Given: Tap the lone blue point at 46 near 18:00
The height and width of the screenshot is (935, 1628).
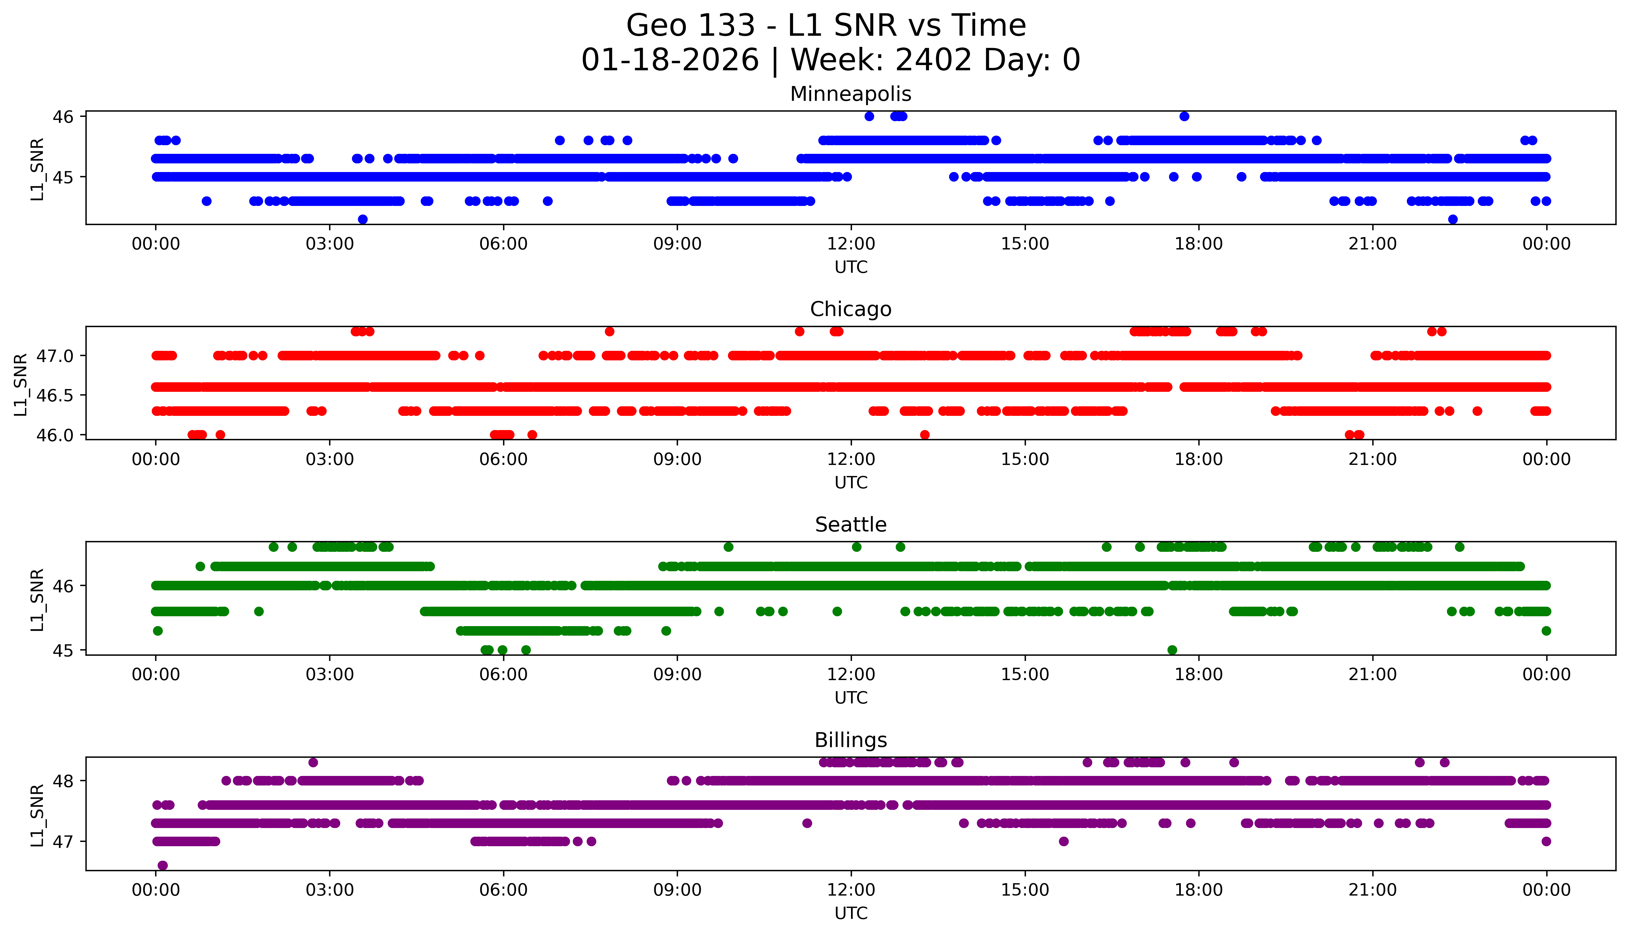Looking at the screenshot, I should tap(1184, 116).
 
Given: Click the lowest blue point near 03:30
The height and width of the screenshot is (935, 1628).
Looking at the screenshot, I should tap(362, 219).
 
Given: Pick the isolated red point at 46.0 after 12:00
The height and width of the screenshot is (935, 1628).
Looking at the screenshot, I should tap(924, 435).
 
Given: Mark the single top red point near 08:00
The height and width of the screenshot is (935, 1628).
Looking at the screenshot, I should tap(609, 331).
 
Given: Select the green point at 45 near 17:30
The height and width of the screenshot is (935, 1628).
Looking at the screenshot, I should tap(1172, 650).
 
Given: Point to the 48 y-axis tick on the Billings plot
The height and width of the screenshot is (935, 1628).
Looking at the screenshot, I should tap(64, 781).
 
